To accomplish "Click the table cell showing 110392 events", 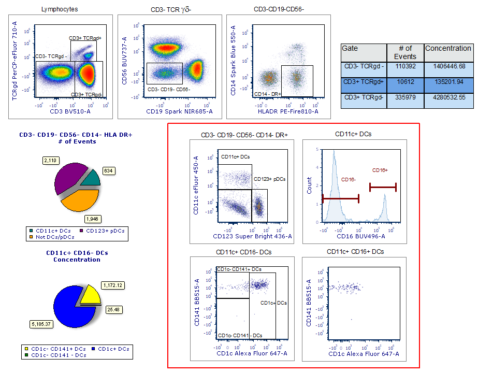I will (405, 66).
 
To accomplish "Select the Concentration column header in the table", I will (448, 48).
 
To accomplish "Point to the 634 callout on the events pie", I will (110, 170).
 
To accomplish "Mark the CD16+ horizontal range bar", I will (383, 187).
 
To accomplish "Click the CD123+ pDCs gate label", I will (269, 179).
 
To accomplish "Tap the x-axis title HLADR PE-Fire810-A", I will (281, 111).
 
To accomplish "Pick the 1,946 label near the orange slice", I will (92, 218).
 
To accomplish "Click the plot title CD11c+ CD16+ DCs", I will (355, 252).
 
